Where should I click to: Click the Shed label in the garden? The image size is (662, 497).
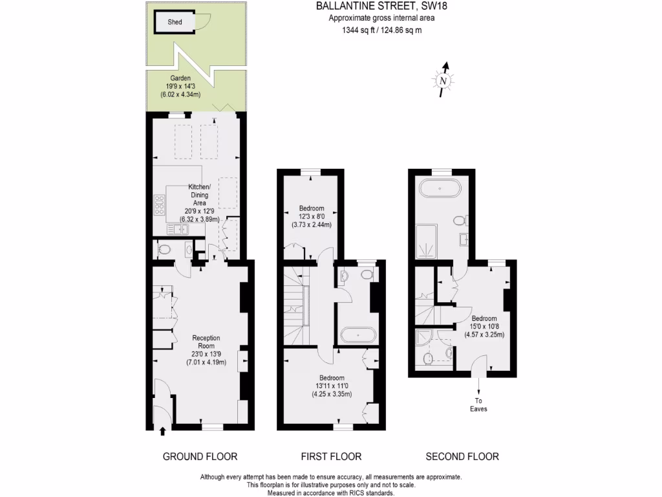(175, 22)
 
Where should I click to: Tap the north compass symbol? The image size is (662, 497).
(443, 80)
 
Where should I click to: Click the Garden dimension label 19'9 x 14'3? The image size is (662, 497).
(180, 85)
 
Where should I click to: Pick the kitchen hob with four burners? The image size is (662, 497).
(158, 205)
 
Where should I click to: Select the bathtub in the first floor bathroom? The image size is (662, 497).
(358, 335)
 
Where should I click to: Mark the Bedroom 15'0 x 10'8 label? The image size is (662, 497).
(484, 327)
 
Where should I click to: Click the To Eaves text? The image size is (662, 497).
(478, 404)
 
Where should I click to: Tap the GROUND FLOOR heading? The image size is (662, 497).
(200, 456)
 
